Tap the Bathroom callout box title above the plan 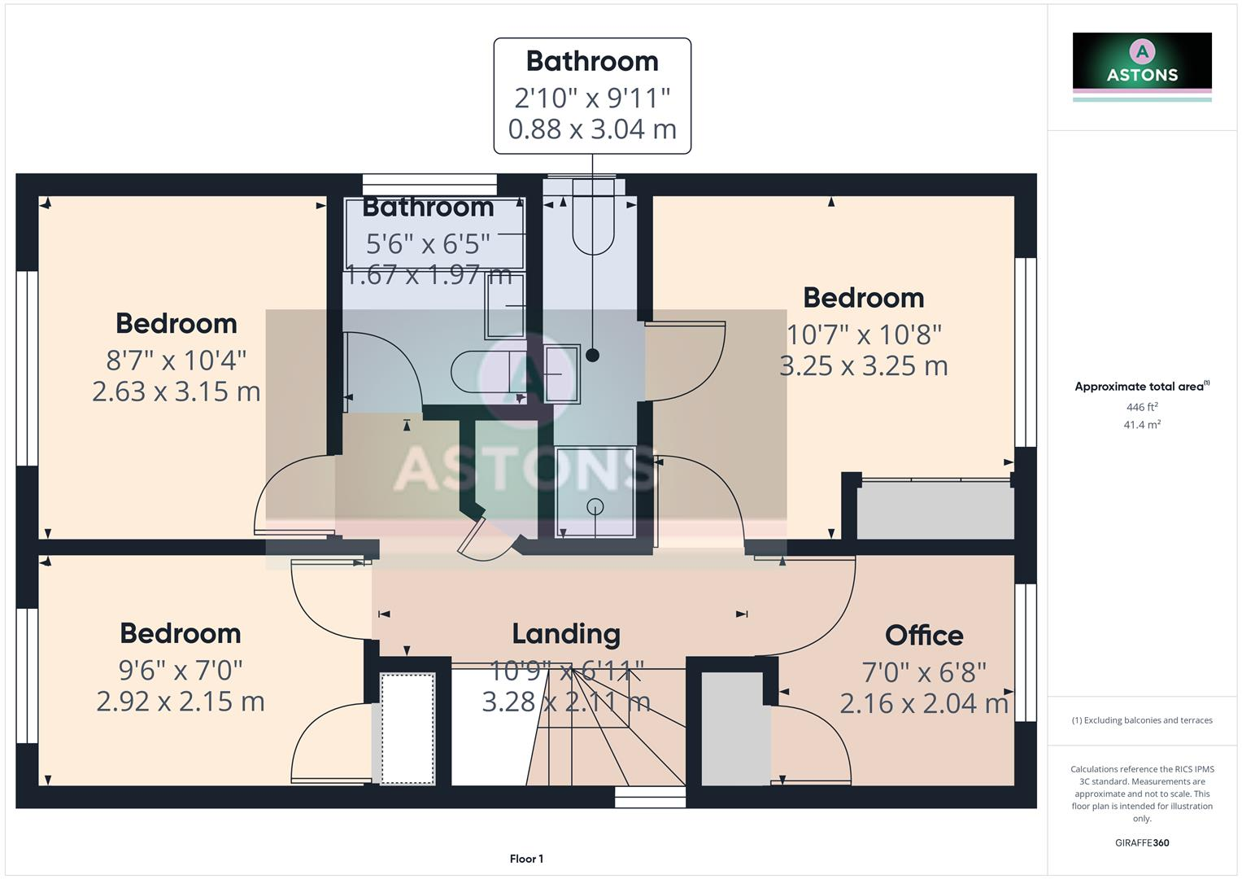[591, 61]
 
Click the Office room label [924, 635]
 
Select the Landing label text [566, 633]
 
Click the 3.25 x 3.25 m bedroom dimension [863, 366]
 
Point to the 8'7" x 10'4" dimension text [176, 359]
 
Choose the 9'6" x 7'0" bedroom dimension [181, 670]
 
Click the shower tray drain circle [595, 506]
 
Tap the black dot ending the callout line [592, 355]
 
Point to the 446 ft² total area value [1142, 407]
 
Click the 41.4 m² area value [1142, 425]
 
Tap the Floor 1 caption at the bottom [526, 859]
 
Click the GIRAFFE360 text [1142, 842]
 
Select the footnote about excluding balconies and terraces [1142, 720]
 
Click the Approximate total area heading [1140, 387]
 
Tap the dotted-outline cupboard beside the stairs [407, 728]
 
